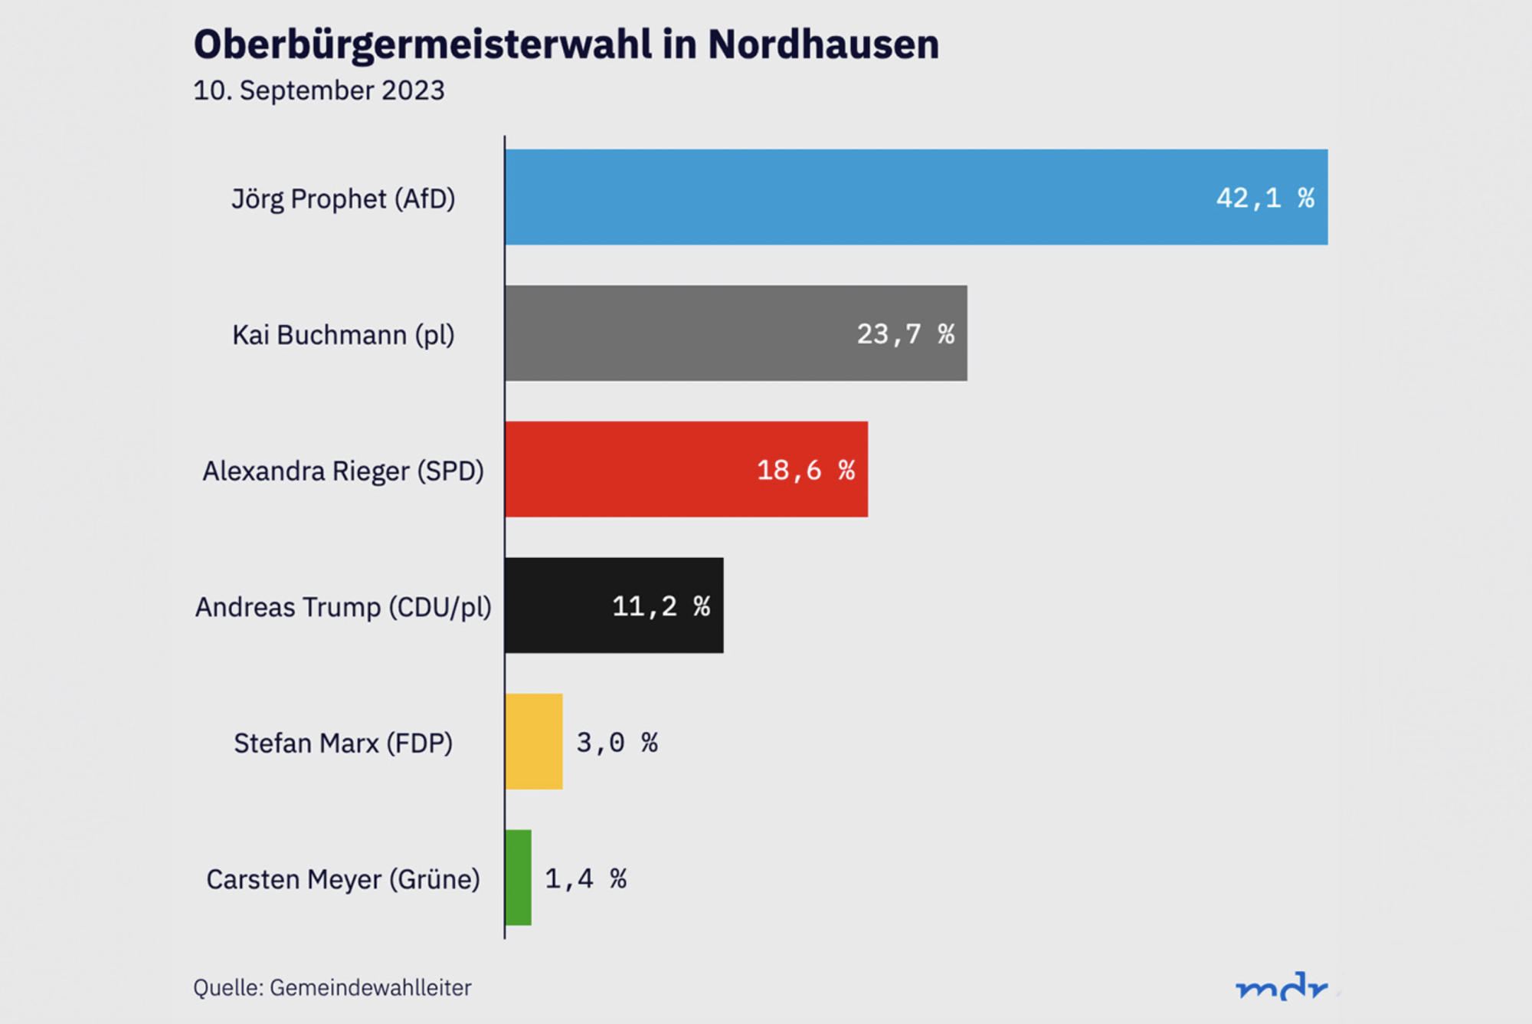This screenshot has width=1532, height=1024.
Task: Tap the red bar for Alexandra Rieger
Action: [x=628, y=469]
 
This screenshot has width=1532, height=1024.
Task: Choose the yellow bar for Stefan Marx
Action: [x=534, y=741]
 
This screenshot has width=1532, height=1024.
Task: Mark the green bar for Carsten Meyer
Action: [x=519, y=878]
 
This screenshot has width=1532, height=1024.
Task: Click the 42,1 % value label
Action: [x=1265, y=199]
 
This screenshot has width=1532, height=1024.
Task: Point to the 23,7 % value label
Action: [x=905, y=334]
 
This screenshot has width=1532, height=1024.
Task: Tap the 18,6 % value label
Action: [x=806, y=470]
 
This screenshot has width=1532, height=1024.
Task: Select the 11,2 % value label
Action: [x=661, y=606]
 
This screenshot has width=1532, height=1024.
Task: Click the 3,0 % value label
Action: [x=617, y=742]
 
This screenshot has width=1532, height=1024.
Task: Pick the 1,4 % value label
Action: [x=586, y=878]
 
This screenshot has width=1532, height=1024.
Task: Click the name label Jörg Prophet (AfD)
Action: [x=343, y=199]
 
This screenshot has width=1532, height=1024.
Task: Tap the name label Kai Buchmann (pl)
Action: [x=343, y=335]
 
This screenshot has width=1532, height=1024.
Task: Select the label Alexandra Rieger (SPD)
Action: [x=343, y=471]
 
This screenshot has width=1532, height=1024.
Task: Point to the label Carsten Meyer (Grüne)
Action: [x=343, y=879]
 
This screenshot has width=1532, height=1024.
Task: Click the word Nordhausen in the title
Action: [x=823, y=44]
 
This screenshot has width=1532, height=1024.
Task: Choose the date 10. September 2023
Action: [x=319, y=90]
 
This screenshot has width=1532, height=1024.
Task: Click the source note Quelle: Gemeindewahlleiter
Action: [x=332, y=987]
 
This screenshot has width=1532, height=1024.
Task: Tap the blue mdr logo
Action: [x=1282, y=986]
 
